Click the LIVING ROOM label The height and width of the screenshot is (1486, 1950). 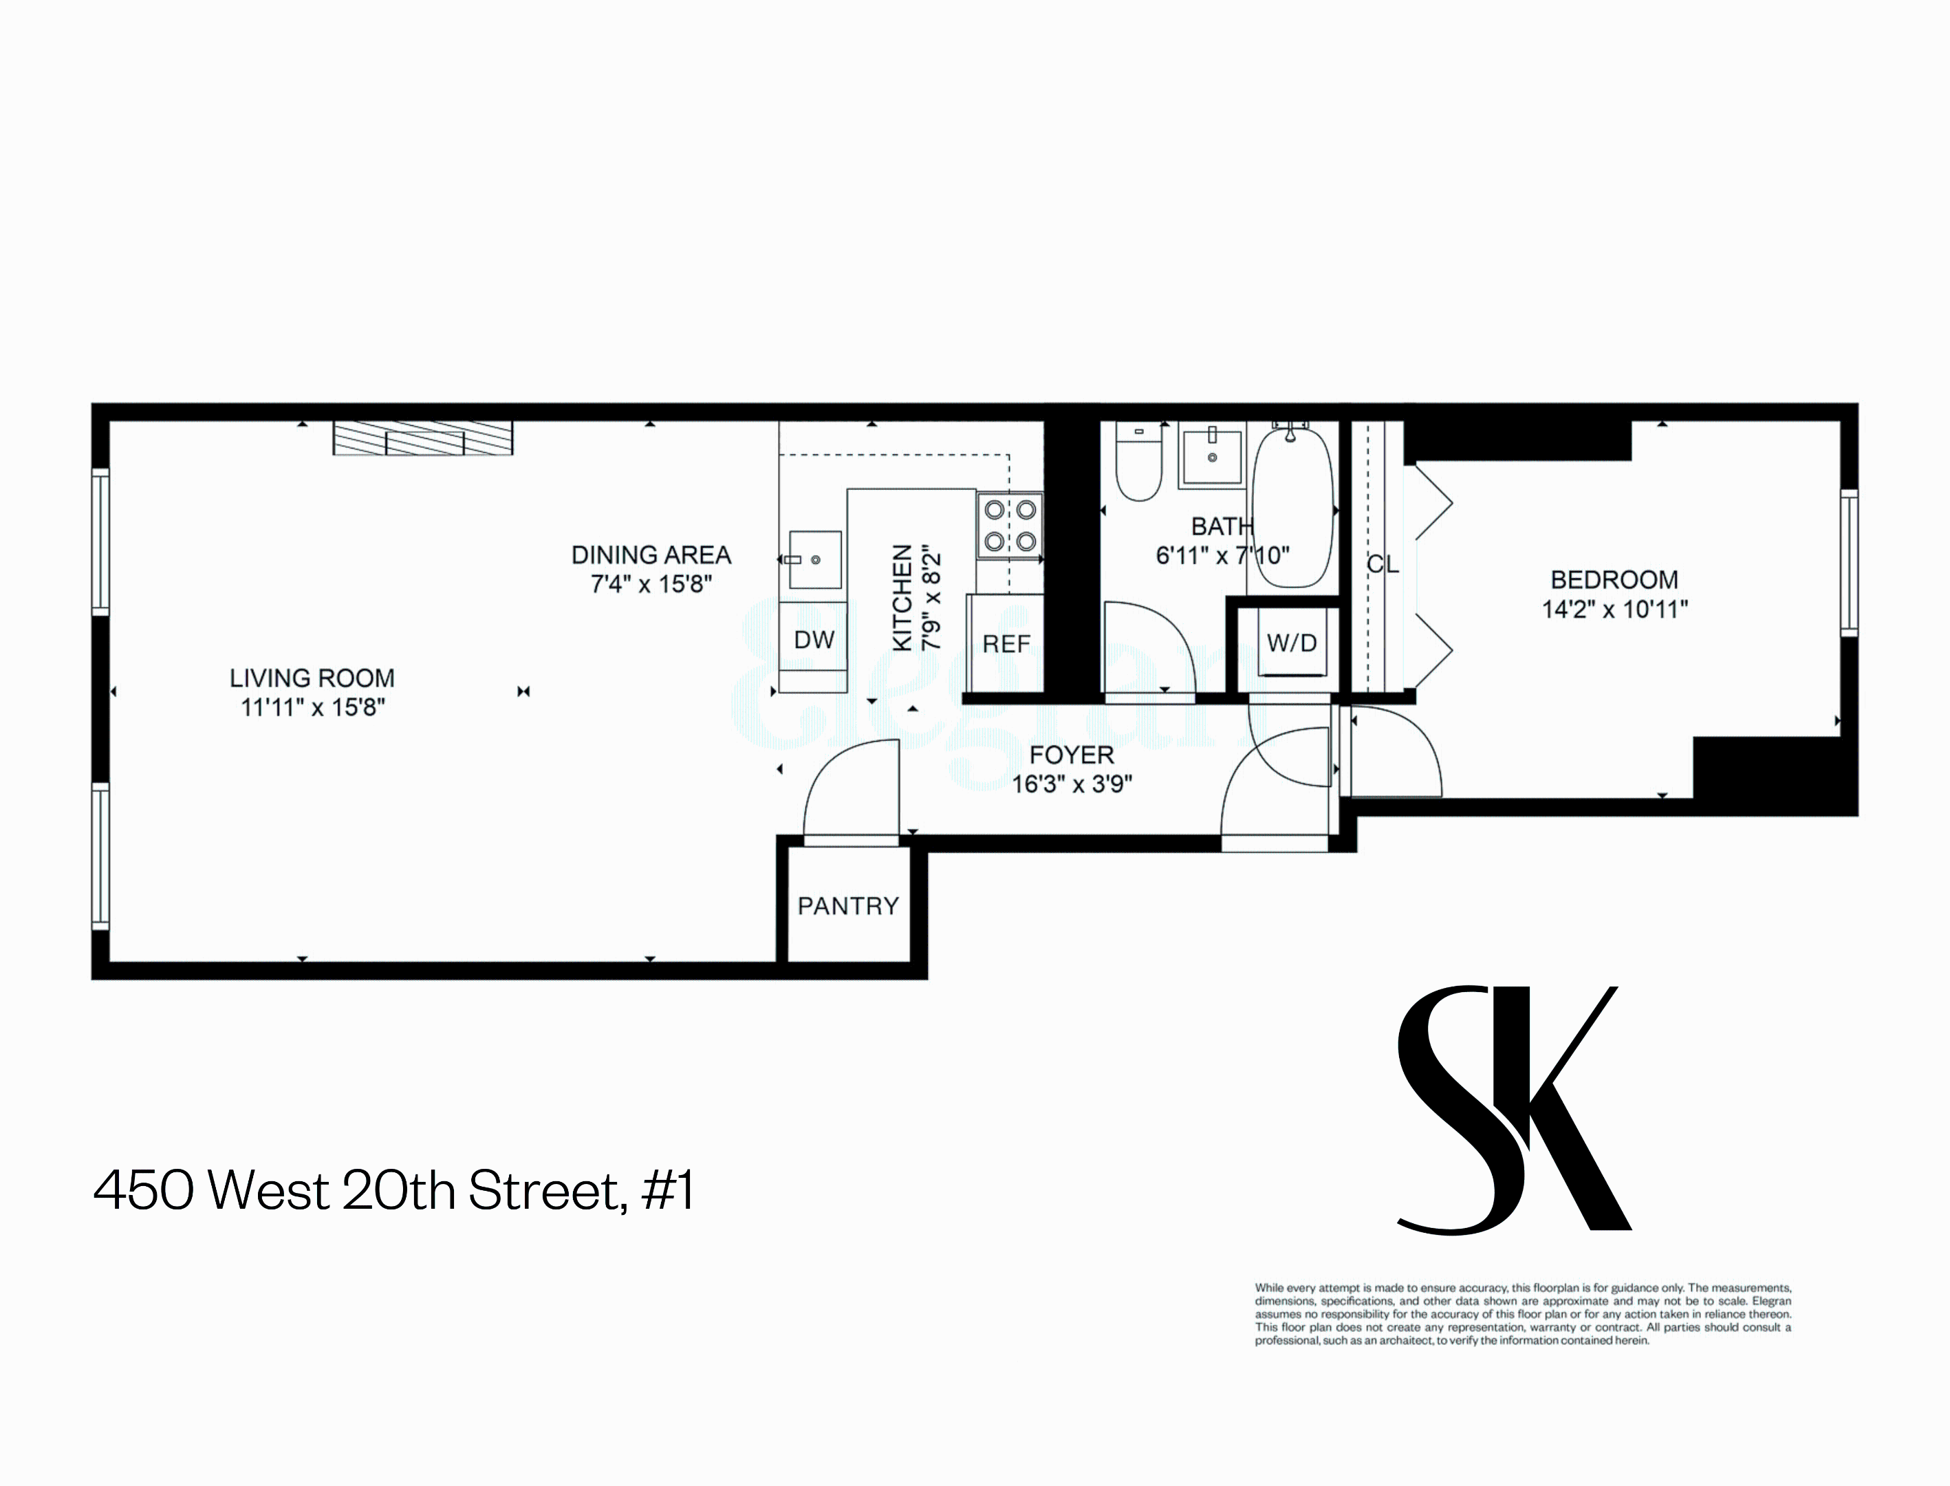[x=312, y=678]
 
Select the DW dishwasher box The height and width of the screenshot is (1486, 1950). [x=814, y=640]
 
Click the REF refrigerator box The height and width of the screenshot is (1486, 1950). [x=1006, y=643]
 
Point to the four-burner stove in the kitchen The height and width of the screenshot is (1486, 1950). [x=1010, y=526]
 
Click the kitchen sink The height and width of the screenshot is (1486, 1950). [x=814, y=560]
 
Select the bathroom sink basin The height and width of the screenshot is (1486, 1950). [x=1211, y=455]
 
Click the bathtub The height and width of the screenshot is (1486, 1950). [x=1291, y=508]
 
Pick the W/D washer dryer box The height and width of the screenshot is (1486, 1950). [x=1291, y=643]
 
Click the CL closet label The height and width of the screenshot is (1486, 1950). [x=1383, y=564]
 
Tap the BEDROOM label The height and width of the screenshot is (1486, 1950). [x=1614, y=580]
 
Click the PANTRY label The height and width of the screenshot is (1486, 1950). [x=848, y=906]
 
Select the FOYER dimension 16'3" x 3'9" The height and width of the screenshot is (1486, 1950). [x=1072, y=784]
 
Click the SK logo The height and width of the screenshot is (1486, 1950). [x=1513, y=1110]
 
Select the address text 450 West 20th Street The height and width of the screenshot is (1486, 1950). [x=393, y=1191]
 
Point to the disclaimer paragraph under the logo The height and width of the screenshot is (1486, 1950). [x=1523, y=1315]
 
